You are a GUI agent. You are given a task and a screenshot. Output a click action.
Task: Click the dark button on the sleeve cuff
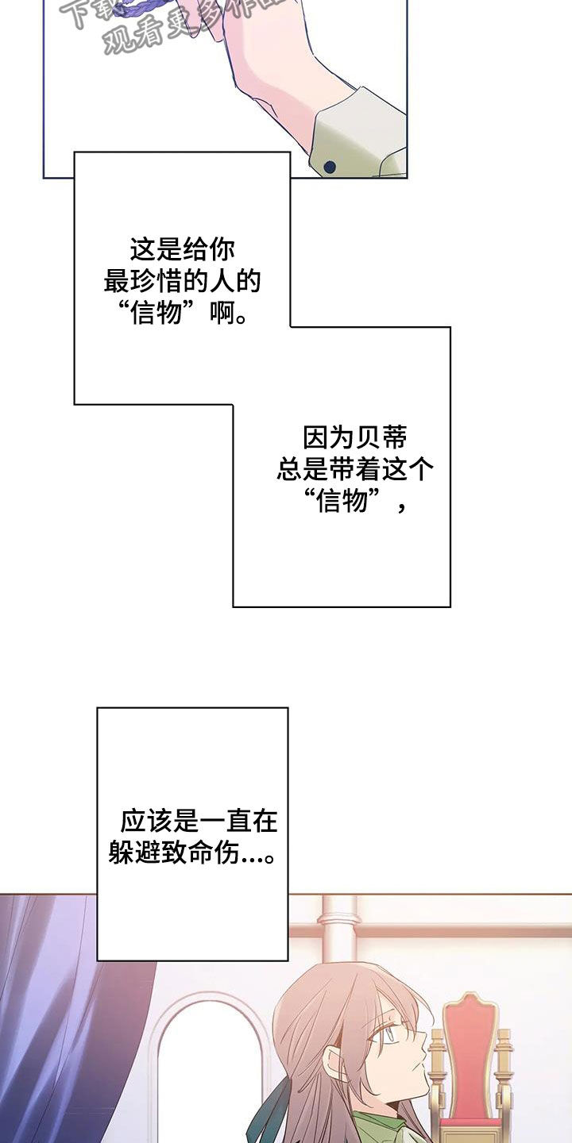coord(329,167)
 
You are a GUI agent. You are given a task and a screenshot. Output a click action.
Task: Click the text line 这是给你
coord(183,250)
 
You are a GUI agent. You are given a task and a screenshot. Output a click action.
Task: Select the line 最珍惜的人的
coord(183,282)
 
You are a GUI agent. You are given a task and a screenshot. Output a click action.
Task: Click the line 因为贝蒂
coord(355,437)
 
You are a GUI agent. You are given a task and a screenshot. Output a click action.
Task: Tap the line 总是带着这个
coord(355,469)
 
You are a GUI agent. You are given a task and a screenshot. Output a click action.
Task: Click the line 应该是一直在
coord(199,821)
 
